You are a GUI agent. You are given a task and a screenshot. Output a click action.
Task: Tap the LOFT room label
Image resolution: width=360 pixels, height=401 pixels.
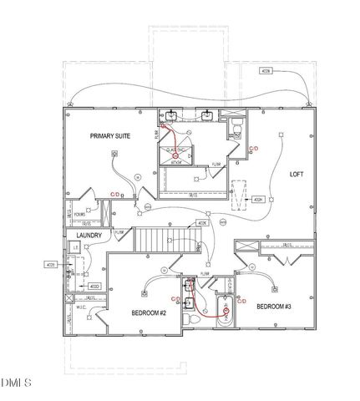[297, 174]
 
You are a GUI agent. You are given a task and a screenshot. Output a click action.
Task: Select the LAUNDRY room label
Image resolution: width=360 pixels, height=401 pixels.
[89, 236]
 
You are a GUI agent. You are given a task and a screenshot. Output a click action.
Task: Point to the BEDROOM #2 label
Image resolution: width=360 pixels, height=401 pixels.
[150, 312]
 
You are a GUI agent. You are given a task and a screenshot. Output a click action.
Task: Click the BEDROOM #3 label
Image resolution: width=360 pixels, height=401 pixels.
[273, 306]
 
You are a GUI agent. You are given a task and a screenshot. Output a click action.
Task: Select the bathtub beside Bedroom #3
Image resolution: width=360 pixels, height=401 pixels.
[226, 314]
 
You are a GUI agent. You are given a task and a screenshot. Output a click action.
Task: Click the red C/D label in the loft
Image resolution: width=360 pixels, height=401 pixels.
[255, 149]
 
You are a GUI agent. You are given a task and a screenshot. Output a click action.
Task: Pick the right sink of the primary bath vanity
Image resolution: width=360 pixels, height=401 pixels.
[206, 114]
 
